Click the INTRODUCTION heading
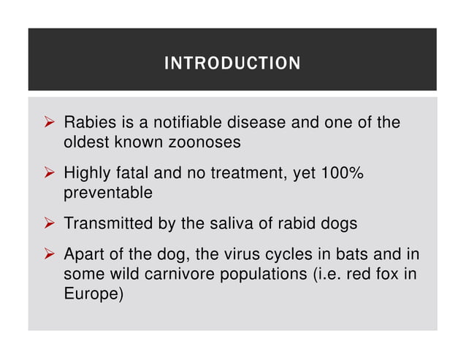click(x=232, y=64)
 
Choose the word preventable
click(x=108, y=193)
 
